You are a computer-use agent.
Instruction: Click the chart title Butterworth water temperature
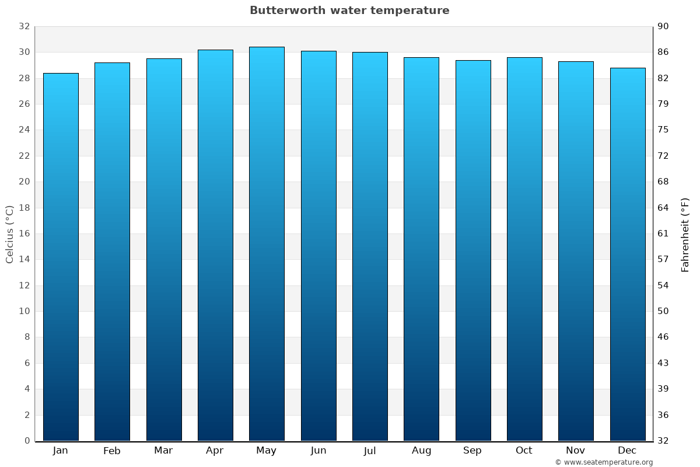click(x=349, y=11)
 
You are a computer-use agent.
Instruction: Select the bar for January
click(x=61, y=257)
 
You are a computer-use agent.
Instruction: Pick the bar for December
click(x=628, y=255)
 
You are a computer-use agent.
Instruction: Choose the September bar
click(x=473, y=250)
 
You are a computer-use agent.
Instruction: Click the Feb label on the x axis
click(x=111, y=451)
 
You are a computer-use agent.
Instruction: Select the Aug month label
click(x=421, y=451)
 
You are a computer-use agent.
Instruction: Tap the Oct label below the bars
click(x=524, y=451)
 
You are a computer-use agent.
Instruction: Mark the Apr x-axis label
click(x=215, y=451)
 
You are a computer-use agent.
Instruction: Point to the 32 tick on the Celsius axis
click(x=24, y=26)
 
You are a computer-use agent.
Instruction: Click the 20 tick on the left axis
click(x=24, y=182)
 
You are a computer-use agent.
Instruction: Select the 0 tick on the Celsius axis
click(x=27, y=441)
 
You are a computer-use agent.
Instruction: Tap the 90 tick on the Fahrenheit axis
click(x=664, y=26)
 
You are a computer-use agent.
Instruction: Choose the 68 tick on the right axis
click(x=664, y=182)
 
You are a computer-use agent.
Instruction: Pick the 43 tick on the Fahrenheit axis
click(x=664, y=363)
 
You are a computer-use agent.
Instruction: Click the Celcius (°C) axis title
click(x=10, y=233)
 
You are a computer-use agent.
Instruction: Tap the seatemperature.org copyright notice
click(x=603, y=462)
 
